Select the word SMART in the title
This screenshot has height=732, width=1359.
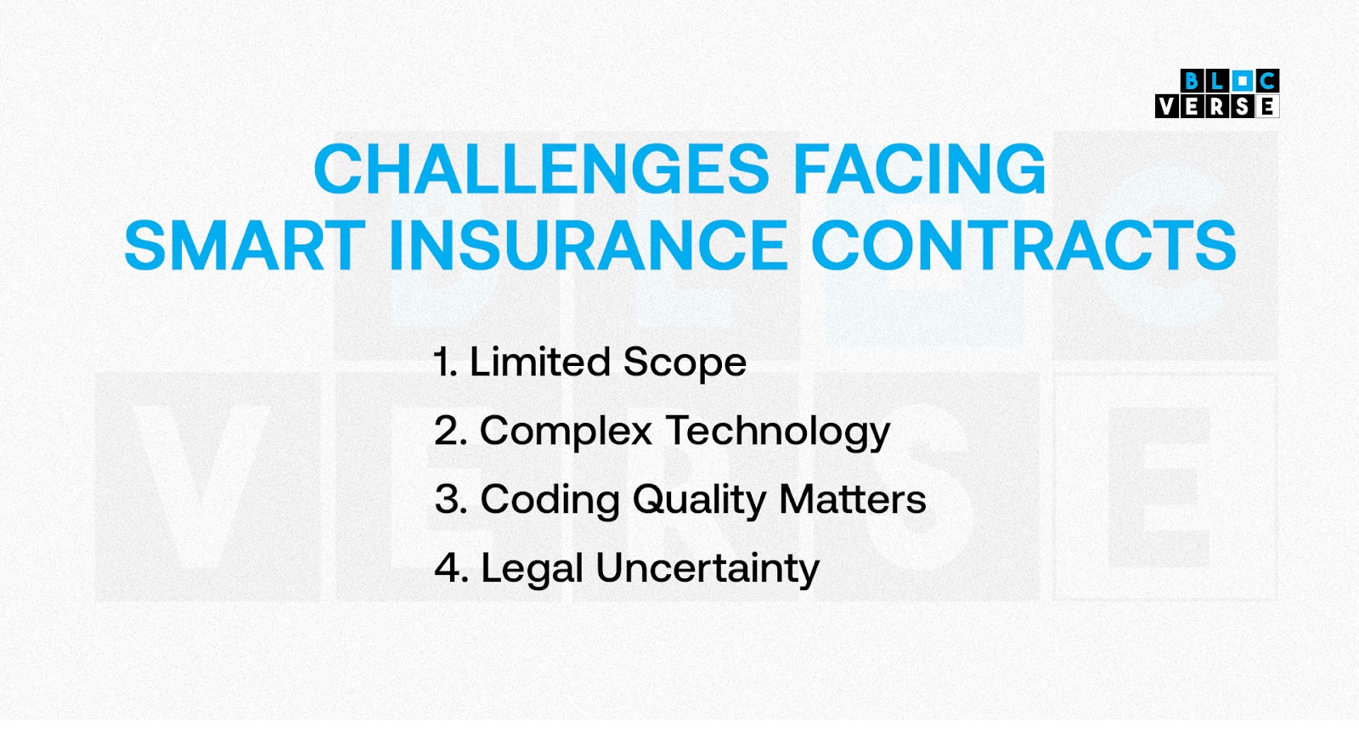tap(245, 245)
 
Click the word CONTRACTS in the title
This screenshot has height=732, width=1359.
tap(1024, 245)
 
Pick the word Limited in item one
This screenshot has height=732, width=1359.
tap(540, 362)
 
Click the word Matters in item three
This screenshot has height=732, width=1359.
tap(853, 499)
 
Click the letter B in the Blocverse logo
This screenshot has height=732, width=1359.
tap(1193, 81)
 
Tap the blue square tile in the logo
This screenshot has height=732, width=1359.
tap(1242, 81)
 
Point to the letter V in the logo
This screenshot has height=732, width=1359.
tap(1167, 106)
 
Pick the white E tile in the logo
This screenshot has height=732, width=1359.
tap(1266, 106)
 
